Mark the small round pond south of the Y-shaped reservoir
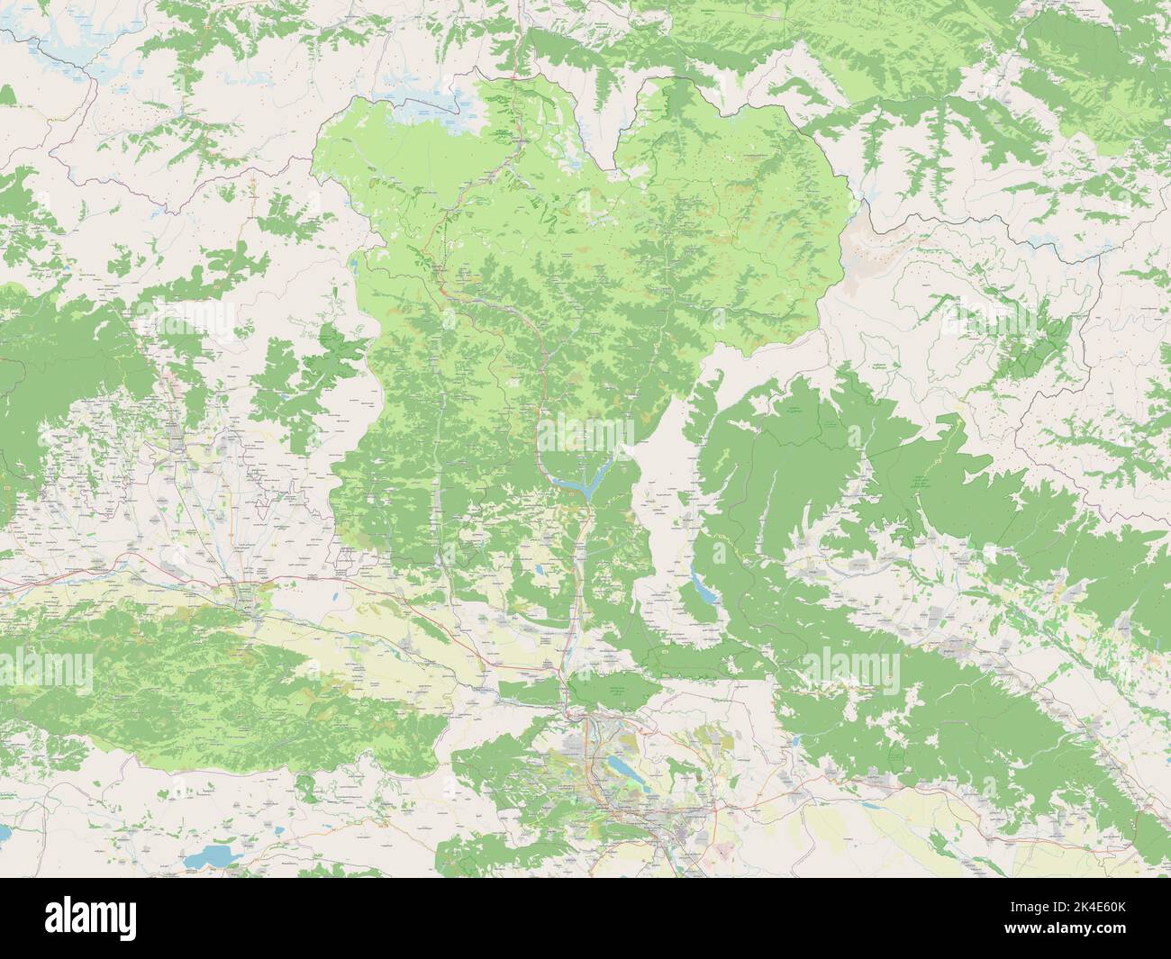539,570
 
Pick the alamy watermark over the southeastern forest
848,667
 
